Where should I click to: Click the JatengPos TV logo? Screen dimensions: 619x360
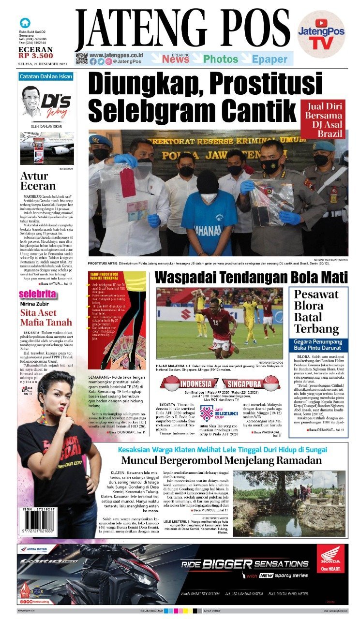click(321, 34)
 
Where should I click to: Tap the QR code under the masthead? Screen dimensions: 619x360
click(81, 59)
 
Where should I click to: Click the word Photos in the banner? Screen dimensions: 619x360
click(220, 59)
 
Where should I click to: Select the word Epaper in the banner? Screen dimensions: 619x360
click(270, 59)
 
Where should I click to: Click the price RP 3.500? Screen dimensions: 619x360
click(36, 56)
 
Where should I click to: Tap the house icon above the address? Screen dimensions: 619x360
click(25, 23)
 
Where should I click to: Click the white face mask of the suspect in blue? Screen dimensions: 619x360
click(209, 198)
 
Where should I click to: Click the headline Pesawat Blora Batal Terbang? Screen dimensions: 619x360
click(317, 312)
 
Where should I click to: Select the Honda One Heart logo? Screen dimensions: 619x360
click(331, 559)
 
